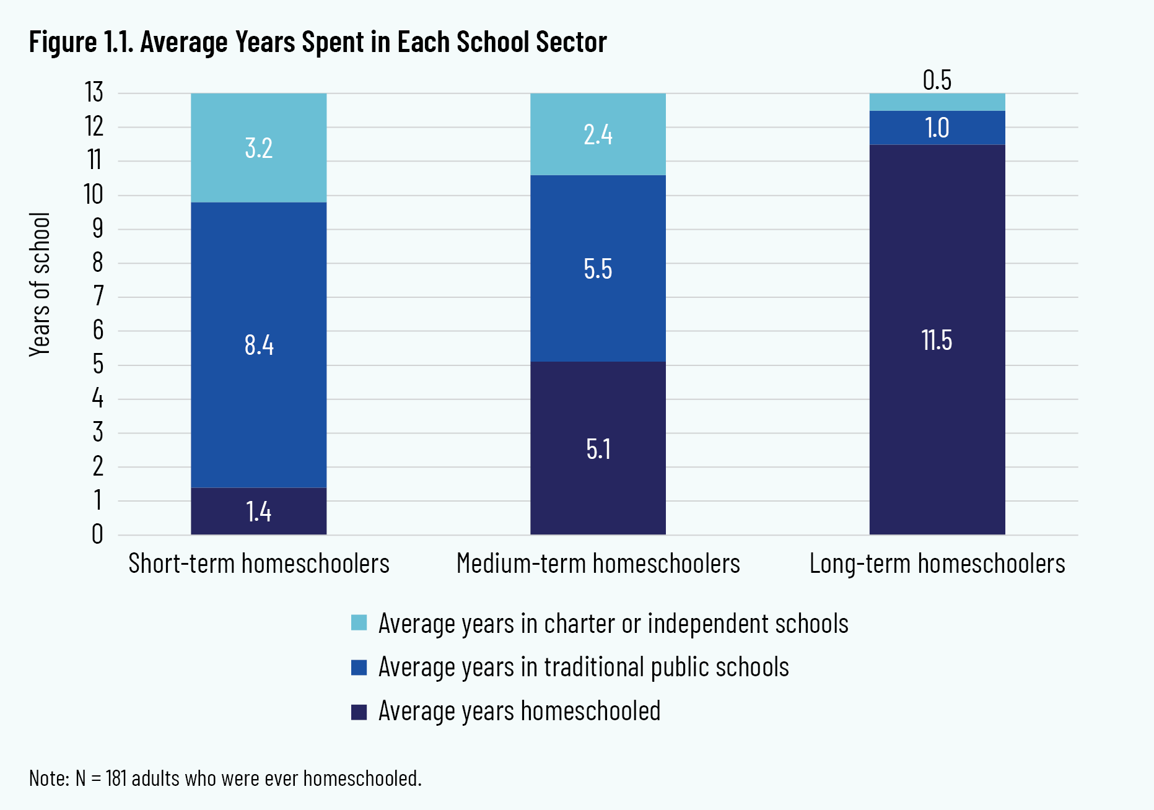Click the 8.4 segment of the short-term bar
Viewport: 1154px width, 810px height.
point(258,345)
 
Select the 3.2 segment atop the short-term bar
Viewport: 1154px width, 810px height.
point(258,148)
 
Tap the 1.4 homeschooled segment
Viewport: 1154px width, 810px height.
point(258,512)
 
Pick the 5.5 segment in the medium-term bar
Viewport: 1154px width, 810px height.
point(598,269)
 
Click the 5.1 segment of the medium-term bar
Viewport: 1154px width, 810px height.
point(598,448)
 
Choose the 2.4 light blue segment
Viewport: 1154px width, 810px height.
point(598,134)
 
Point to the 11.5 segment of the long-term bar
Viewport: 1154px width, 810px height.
point(937,340)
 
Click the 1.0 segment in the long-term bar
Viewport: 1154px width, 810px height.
point(937,128)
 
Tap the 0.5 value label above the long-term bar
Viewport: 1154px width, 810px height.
point(937,80)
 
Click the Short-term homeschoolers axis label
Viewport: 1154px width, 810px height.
point(259,564)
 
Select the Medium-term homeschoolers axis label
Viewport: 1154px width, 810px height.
point(598,564)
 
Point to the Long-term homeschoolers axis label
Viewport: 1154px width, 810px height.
point(937,564)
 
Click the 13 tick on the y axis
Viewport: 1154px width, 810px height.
point(94,93)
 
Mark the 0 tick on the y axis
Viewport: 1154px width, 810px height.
point(97,534)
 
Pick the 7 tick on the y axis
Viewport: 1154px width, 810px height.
point(98,297)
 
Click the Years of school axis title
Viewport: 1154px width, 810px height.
point(40,284)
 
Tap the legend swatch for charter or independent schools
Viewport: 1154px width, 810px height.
point(359,622)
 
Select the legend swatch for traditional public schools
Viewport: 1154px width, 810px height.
point(359,667)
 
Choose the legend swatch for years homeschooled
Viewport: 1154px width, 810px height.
point(359,712)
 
